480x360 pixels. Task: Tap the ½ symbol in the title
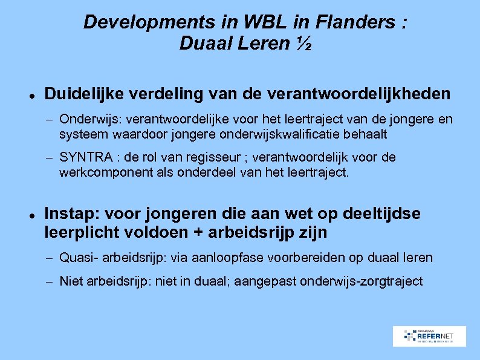pos(304,44)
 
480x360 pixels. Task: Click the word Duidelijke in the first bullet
pos(80,94)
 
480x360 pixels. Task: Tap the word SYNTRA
pos(86,158)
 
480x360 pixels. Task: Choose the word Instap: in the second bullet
pos(72,214)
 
